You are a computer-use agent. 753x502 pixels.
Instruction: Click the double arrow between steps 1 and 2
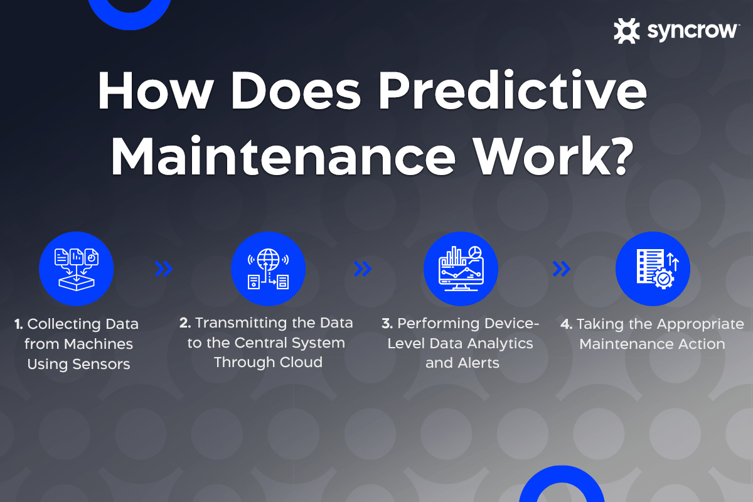(164, 269)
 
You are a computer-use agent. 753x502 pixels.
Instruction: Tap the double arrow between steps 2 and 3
(363, 269)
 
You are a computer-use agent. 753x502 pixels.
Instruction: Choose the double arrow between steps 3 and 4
(561, 269)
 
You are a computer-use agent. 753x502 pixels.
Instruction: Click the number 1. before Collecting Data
(19, 324)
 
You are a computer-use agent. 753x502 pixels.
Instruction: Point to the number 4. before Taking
(566, 324)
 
